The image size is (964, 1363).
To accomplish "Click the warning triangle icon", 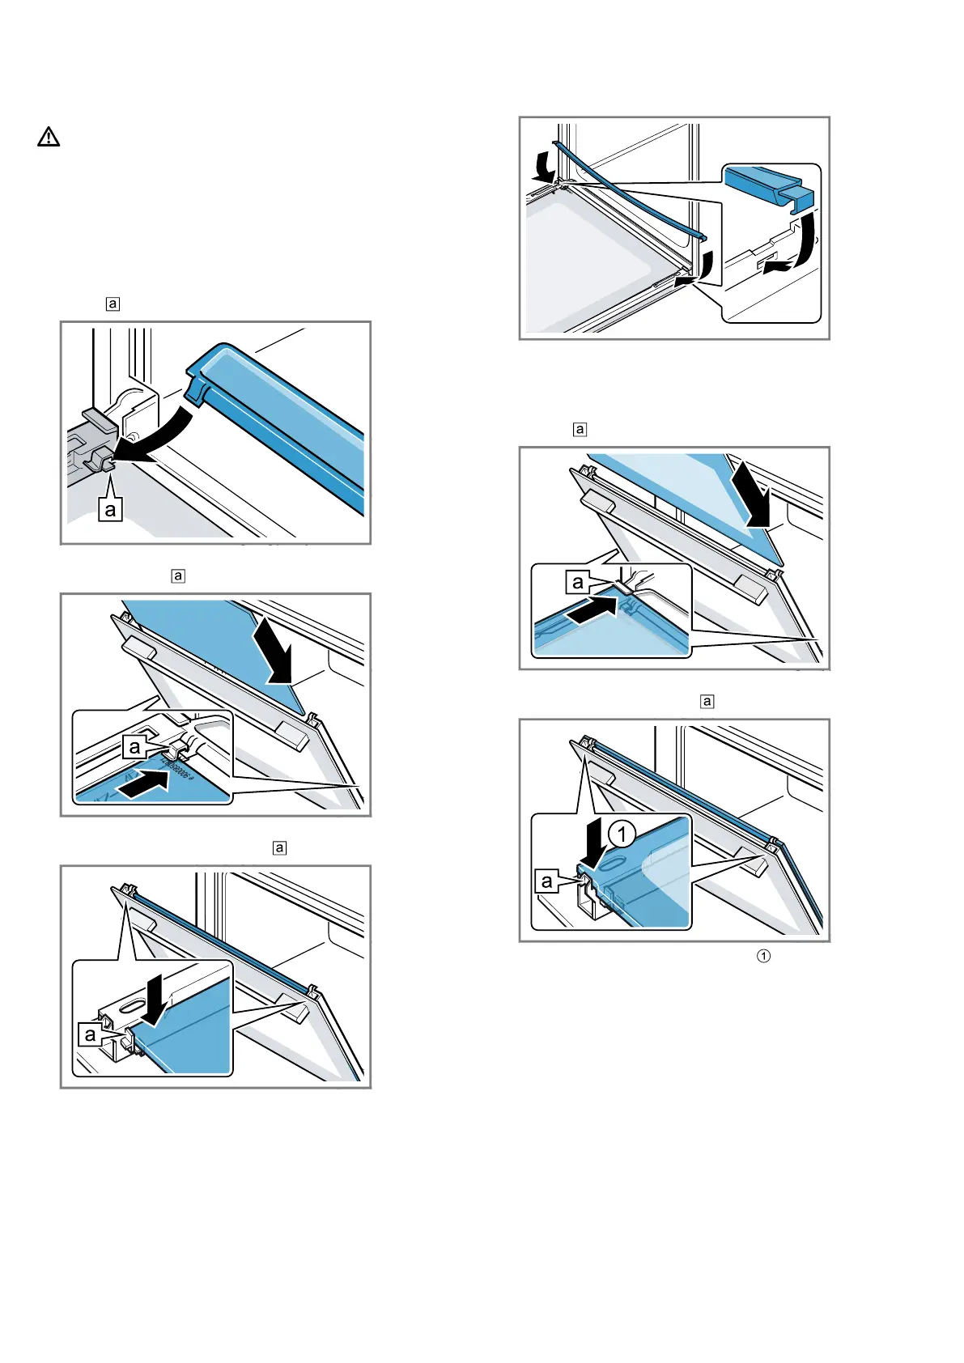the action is (x=49, y=137).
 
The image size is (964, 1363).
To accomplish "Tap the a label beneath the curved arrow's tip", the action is (x=110, y=510).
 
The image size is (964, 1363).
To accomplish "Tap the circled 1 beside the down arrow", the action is (x=622, y=833).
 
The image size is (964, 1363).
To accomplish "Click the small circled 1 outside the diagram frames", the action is (x=762, y=956).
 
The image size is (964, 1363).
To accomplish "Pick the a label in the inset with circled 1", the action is (x=547, y=881).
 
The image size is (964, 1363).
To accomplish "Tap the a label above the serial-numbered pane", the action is (x=134, y=747).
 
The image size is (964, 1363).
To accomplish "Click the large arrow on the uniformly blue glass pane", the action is (x=272, y=654).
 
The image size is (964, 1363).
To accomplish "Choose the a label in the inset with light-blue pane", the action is (x=577, y=582).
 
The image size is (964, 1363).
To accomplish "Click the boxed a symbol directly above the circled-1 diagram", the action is (x=707, y=701).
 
